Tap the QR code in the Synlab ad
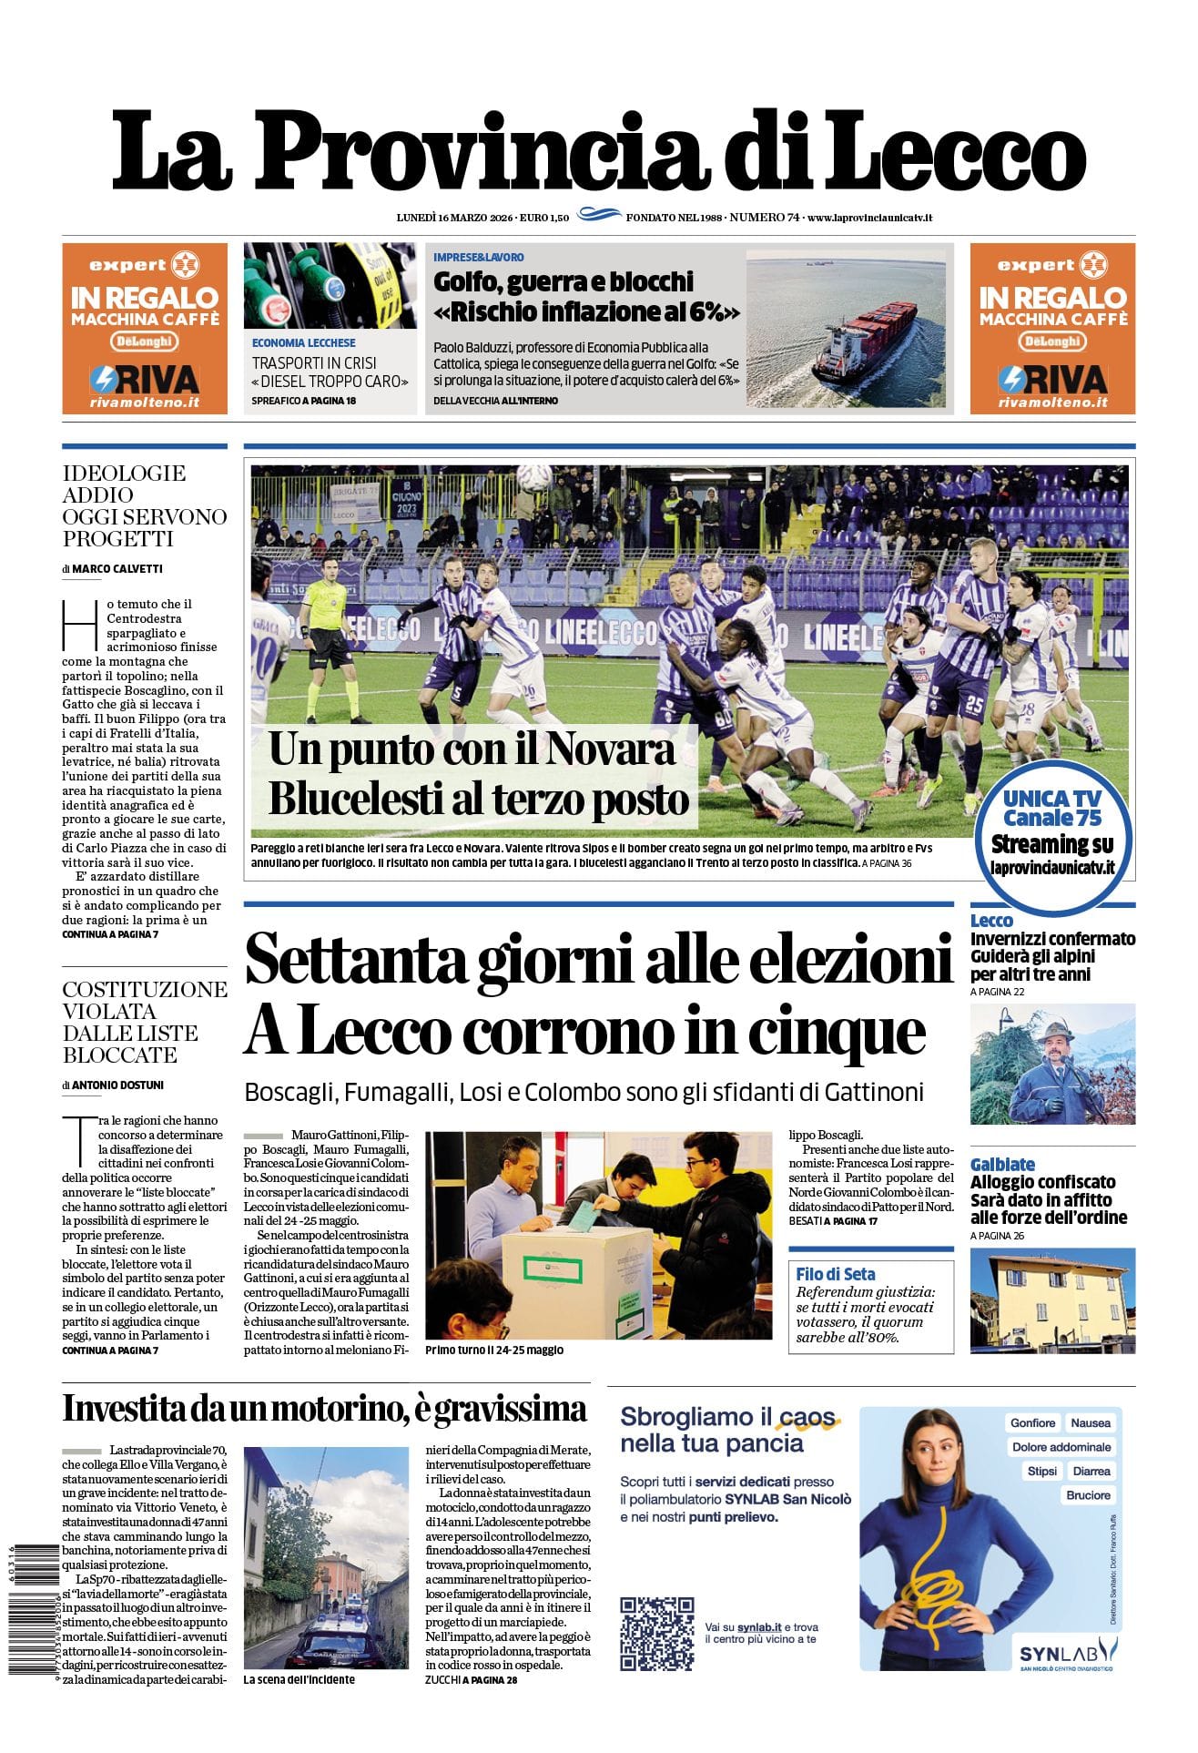(x=657, y=1634)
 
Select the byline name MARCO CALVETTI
(x=117, y=569)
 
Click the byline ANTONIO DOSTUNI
(x=118, y=1085)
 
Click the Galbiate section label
(x=1002, y=1165)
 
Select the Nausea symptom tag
(x=1090, y=1422)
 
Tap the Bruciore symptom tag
(x=1088, y=1495)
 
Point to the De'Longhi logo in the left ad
(x=145, y=341)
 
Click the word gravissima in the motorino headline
(x=510, y=1409)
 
